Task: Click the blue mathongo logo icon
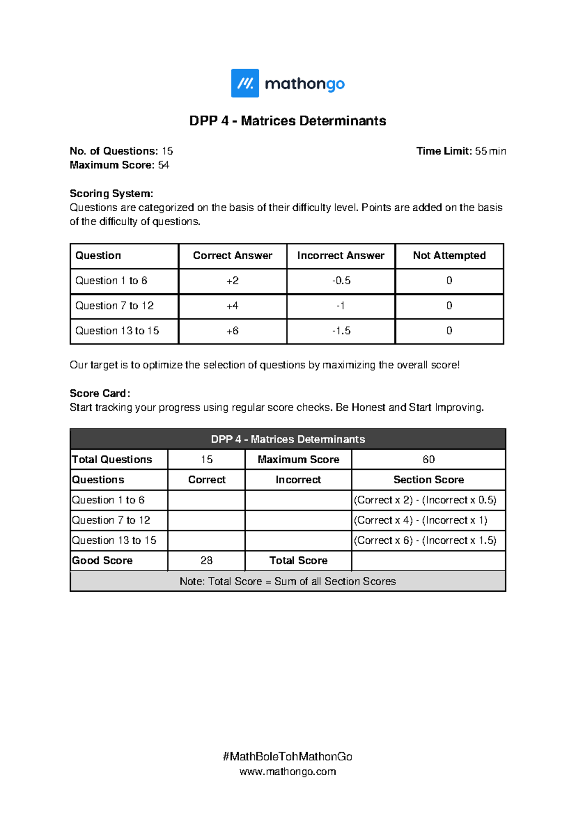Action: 245,83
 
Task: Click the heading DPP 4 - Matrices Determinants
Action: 288,120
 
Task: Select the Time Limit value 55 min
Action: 490,151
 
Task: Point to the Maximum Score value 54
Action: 164,165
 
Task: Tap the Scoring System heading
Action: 111,193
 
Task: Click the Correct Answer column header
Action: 232,256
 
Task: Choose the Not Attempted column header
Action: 449,256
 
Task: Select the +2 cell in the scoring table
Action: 232,281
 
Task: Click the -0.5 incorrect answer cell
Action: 341,281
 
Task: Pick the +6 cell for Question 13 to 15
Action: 232,331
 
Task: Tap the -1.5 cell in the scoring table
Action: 341,331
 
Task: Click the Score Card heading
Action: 99,394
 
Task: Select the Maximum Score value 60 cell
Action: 428,459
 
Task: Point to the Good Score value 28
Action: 206,561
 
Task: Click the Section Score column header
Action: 428,480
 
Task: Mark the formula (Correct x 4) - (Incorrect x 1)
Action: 420,520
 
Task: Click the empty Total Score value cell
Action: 428,561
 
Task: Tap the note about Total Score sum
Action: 288,581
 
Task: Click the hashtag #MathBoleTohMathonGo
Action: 288,757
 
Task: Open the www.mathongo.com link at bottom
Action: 288,772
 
